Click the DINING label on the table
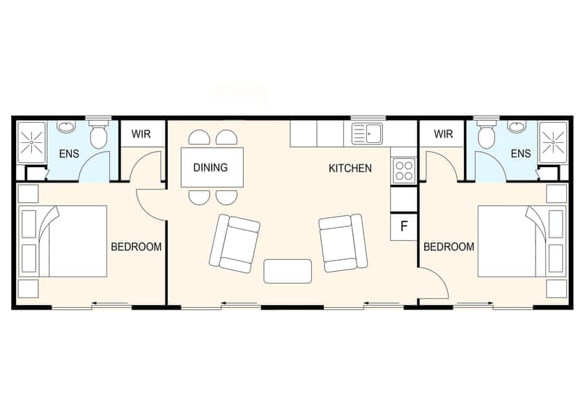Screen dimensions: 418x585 coord(210,168)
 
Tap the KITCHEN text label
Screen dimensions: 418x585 coord(350,168)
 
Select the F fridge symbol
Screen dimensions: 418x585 coord(403,226)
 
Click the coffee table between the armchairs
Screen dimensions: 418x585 coord(288,270)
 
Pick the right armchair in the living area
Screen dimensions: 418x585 coord(341,243)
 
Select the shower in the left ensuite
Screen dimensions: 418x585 coord(31,142)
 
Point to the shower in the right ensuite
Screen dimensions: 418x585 coord(554,142)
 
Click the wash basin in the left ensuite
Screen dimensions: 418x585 coord(67,127)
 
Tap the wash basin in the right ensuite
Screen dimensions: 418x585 coord(517,127)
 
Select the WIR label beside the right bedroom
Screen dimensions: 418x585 coord(443,134)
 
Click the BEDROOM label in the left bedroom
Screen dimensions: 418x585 coord(136,247)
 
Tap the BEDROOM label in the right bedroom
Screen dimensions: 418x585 coord(448,247)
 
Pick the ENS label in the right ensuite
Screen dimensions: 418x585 coord(521,153)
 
